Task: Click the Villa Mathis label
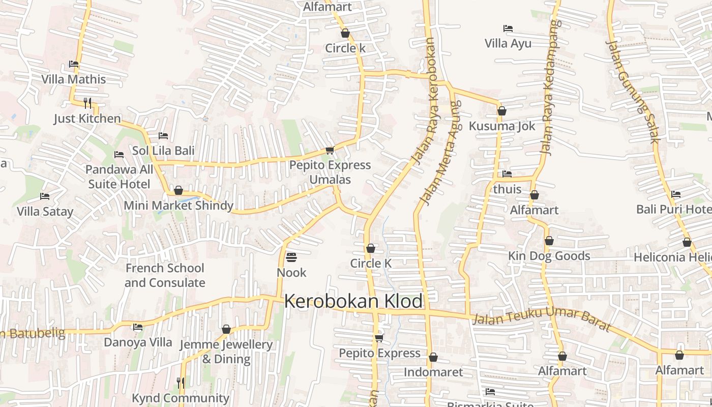74,79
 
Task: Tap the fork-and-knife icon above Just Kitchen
87,103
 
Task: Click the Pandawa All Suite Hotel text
119,177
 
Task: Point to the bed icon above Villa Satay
45,196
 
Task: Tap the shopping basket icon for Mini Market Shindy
178,190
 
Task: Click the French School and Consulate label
165,275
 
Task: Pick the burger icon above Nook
291,257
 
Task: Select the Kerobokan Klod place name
353,301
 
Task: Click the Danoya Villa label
138,342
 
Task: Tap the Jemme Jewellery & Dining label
226,352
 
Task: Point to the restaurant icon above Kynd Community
181,382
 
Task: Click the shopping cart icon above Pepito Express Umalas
330,150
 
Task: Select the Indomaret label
433,372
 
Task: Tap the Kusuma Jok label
502,126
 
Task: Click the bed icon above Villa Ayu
508,28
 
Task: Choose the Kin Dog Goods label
549,256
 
